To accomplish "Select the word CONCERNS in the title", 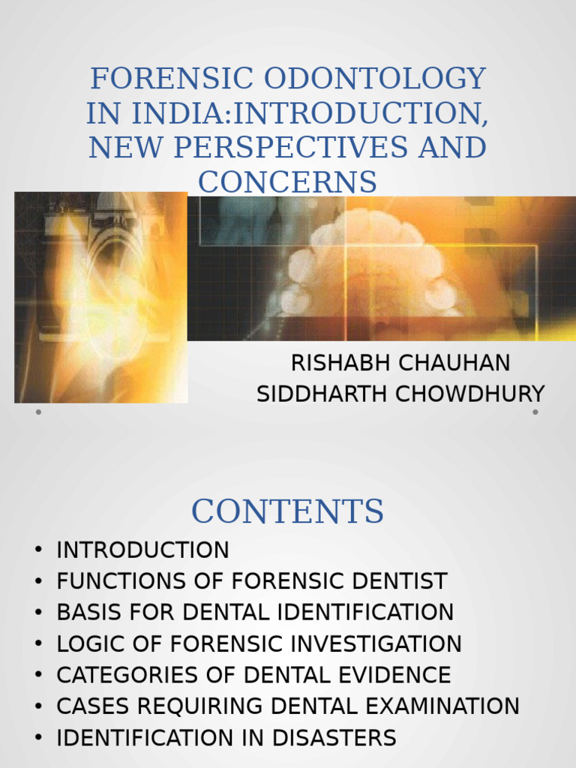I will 287,181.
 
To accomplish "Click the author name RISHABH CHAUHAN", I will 400,363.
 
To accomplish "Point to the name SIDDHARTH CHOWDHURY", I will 400,394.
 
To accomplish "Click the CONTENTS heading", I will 287,511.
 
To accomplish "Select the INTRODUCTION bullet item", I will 142,550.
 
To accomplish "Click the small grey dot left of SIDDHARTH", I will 38,412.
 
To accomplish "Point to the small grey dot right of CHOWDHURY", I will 535,412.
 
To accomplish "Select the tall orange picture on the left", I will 100,297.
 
